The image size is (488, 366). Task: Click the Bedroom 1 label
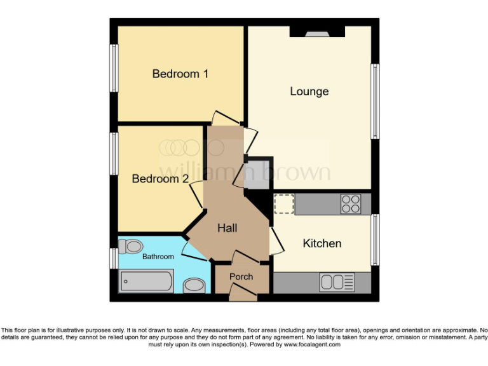[x=180, y=74]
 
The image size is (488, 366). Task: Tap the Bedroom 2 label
[x=160, y=179]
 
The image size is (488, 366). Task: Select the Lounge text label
[x=309, y=91]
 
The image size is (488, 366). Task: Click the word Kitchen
[x=322, y=243]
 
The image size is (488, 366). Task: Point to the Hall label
[x=227, y=227]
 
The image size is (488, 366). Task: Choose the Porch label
[x=241, y=276]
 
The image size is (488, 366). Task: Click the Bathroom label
[x=158, y=257]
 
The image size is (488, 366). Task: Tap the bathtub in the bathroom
[x=146, y=280]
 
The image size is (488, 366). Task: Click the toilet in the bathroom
[x=132, y=245]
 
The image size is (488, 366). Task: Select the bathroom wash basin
[x=193, y=286]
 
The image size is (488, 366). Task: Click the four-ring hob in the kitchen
[x=351, y=203]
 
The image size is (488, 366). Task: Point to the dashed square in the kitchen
[x=283, y=203]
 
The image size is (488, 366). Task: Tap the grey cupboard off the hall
[x=258, y=174]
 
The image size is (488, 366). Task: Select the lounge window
[x=376, y=101]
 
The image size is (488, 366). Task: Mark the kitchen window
[x=376, y=239]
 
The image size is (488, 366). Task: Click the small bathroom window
[x=114, y=258]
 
